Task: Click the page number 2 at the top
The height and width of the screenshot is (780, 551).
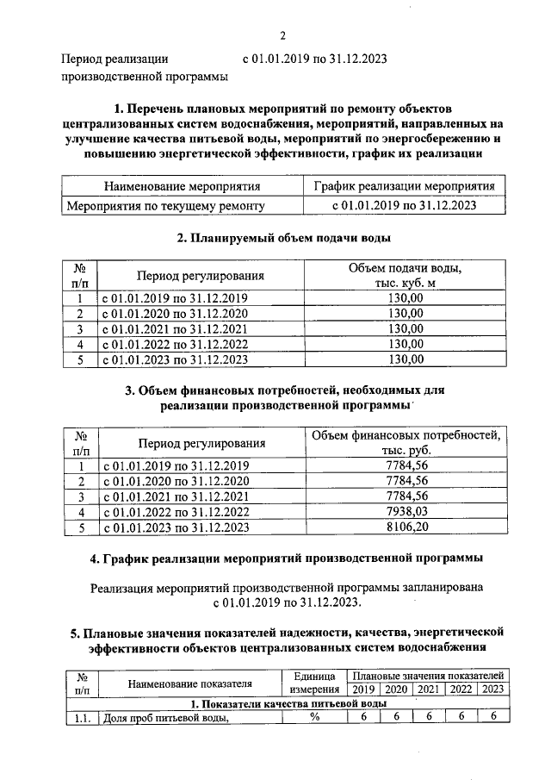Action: pyautogui.click(x=282, y=35)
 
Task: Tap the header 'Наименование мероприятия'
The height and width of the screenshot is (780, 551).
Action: pyautogui.click(x=182, y=186)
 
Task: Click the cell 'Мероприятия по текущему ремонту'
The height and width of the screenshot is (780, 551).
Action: pyautogui.click(x=165, y=206)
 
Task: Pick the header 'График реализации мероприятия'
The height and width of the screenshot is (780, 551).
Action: pyautogui.click(x=404, y=186)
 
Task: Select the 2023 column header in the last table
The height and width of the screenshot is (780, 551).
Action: pyautogui.click(x=492, y=690)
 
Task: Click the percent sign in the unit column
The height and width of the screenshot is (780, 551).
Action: pyautogui.click(x=314, y=717)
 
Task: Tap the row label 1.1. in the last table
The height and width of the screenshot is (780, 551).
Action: pyautogui.click(x=83, y=717)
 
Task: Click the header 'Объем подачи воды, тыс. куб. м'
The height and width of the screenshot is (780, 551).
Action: pyautogui.click(x=405, y=276)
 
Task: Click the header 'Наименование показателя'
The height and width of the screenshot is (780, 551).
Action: pyautogui.click(x=190, y=683)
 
